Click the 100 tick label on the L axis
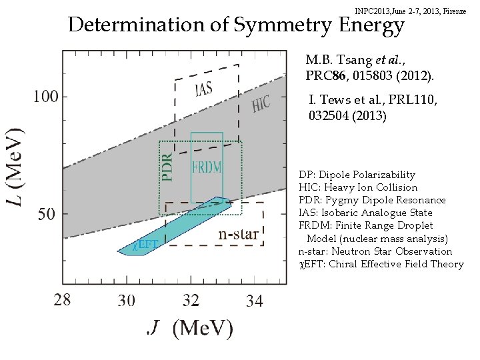[45, 97]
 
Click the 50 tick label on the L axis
[47, 215]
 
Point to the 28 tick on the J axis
[61, 301]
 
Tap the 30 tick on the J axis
[126, 301]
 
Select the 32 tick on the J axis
[191, 301]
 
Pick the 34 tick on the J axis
[255, 301]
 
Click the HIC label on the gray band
[261, 102]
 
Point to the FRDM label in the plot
[207, 167]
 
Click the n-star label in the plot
[239, 235]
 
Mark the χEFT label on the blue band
[145, 244]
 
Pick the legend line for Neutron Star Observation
[375, 251]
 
